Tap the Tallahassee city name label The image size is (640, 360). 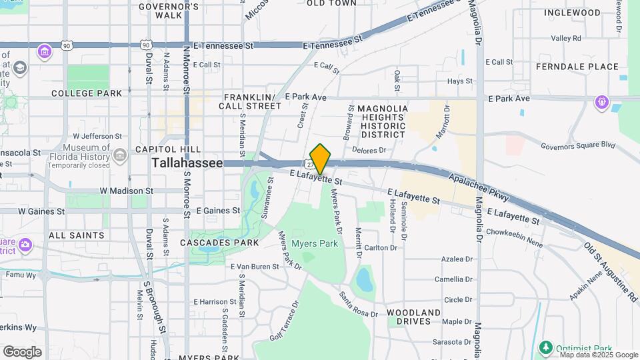point(187,163)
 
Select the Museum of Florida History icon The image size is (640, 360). point(120,155)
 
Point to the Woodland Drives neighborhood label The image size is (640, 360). point(413,317)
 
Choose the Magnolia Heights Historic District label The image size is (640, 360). point(382,121)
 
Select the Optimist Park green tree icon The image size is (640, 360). point(546,347)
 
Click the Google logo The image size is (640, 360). point(22,351)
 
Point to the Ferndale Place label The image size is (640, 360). point(577,67)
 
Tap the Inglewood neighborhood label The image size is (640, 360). point(572,13)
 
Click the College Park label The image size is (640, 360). point(87,93)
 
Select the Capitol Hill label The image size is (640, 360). point(159,149)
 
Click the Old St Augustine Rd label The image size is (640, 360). point(611,271)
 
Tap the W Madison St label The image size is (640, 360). point(127,191)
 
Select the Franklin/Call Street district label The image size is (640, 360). point(253,101)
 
